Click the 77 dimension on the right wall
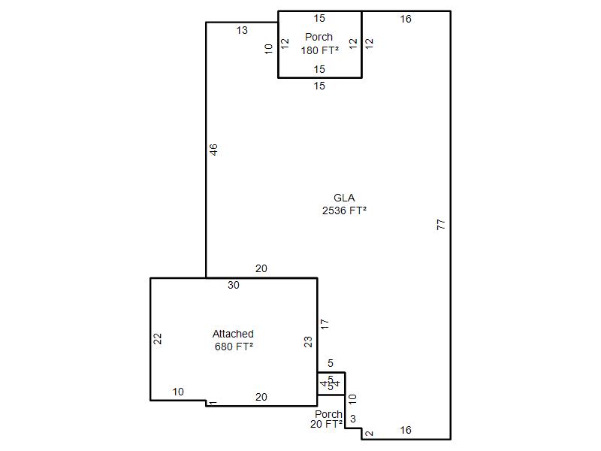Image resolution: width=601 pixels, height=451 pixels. coord(441,224)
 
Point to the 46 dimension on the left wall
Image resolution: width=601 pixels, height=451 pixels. coord(213,150)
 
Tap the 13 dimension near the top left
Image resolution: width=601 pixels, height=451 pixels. coord(242,30)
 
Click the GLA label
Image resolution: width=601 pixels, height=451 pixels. coord(344,198)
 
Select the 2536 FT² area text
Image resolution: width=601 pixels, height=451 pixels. coord(344,210)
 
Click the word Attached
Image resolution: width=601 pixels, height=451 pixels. coord(233,334)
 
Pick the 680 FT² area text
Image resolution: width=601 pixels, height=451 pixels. coord(234,347)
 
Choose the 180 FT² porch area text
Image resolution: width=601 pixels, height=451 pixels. coord(320,50)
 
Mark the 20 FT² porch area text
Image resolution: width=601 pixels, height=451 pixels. coord(326,424)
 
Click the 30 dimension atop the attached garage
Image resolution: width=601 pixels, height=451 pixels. coord(234,285)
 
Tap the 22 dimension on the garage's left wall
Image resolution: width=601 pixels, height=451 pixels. coord(158,339)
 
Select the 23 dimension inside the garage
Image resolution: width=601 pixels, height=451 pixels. coord(308,342)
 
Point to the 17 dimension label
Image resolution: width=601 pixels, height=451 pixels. coord(325,324)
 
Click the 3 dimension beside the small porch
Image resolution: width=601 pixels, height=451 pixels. coord(353,419)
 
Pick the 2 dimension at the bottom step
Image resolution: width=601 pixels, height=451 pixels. coord(369,434)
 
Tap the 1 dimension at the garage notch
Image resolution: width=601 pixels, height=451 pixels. coord(213,403)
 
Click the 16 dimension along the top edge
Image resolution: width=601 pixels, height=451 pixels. coord(406,19)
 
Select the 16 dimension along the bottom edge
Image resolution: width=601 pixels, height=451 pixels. coord(406,430)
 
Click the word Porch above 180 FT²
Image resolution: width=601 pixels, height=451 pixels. coord(319,37)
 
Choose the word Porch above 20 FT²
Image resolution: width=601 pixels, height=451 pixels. coord(328,414)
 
